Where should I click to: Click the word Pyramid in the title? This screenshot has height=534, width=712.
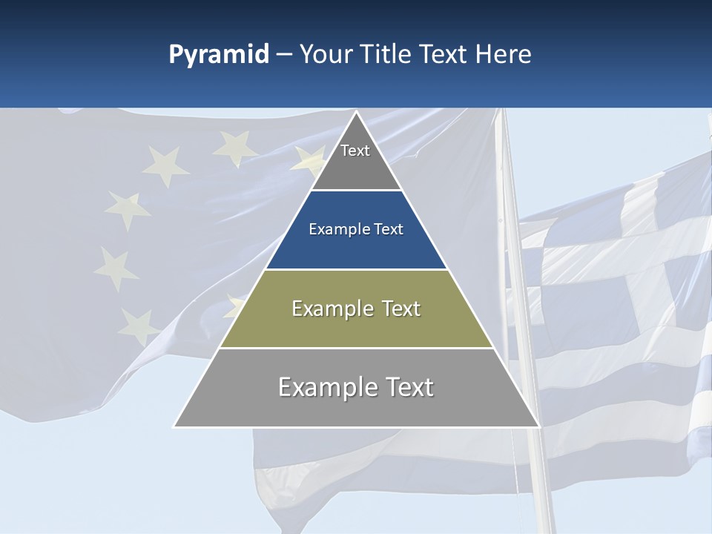tap(218, 55)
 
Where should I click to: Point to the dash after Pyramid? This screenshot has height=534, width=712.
tap(283, 56)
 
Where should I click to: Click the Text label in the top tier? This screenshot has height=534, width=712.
tap(355, 151)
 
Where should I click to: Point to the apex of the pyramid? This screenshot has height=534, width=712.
tap(356, 113)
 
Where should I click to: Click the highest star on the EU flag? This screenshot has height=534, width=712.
tap(234, 146)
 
